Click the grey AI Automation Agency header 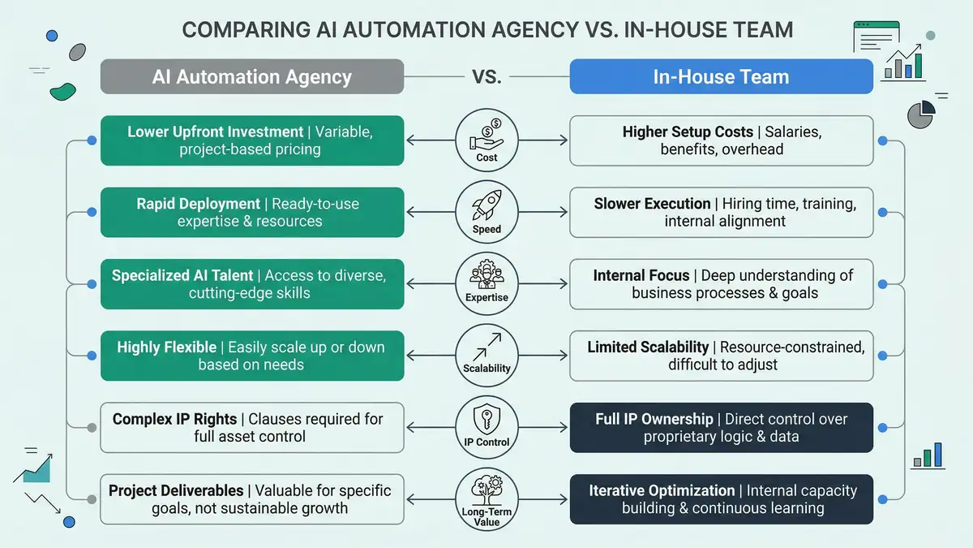point(251,77)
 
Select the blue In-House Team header point(721,77)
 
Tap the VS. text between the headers point(486,77)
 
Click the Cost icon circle point(486,140)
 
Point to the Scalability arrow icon point(486,351)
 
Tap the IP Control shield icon point(486,422)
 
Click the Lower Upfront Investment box point(251,140)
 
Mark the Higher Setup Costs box point(721,140)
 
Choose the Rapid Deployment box point(251,212)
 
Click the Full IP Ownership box point(721,428)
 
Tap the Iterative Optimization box point(721,499)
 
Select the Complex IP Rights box point(251,428)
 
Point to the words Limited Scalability point(648,347)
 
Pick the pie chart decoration point(920,114)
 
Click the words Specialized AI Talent point(183,276)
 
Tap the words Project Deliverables point(176,490)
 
